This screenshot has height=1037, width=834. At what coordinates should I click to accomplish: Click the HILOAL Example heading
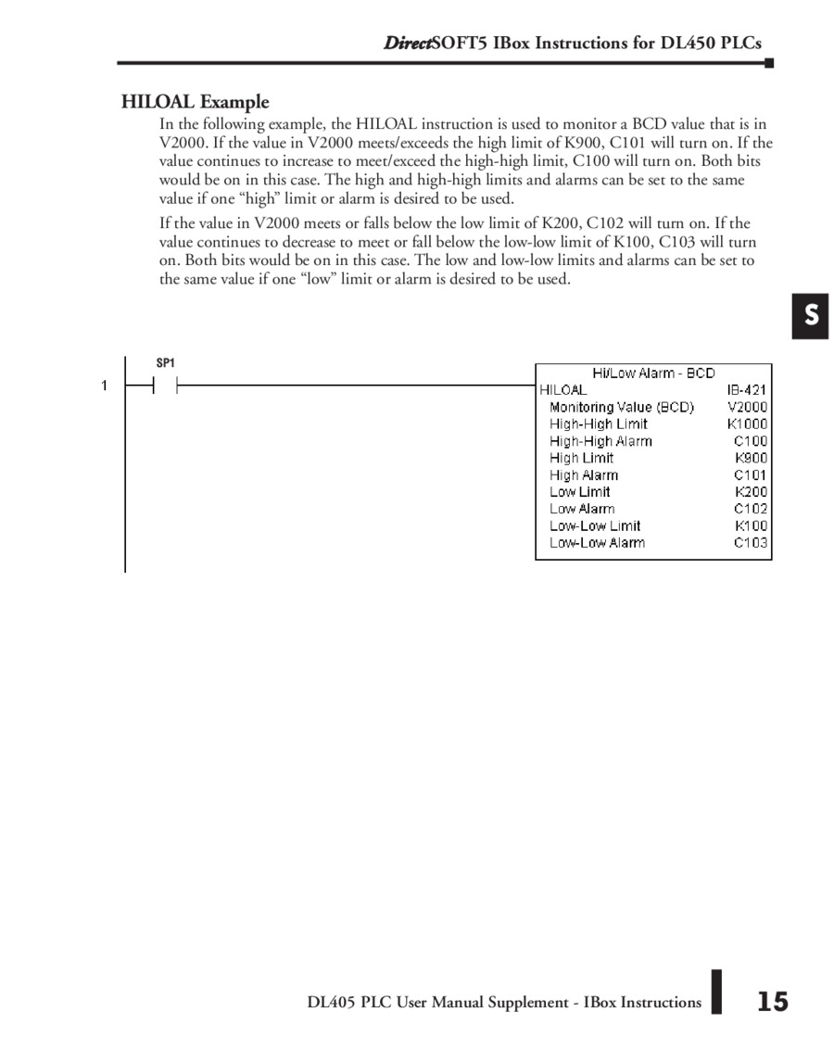(x=195, y=102)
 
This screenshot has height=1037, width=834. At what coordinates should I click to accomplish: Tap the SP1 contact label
(x=165, y=364)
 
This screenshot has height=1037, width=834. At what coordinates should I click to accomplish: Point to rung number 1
(x=105, y=386)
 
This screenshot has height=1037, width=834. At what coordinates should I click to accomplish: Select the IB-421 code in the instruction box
(x=747, y=390)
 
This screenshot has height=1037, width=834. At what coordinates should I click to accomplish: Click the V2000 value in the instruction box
(x=747, y=407)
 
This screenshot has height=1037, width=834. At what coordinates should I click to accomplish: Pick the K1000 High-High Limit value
(x=747, y=424)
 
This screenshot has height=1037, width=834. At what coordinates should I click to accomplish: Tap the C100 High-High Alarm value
(x=750, y=441)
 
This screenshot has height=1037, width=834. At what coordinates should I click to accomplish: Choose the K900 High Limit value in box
(x=751, y=458)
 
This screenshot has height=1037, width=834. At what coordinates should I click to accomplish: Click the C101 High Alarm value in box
(x=750, y=474)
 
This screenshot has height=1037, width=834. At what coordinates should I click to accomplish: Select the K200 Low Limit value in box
(x=751, y=492)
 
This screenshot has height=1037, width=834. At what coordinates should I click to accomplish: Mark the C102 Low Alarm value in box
(x=750, y=509)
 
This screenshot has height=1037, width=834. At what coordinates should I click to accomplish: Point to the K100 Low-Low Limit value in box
(x=751, y=525)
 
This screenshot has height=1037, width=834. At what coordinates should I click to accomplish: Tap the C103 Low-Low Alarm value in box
(x=750, y=542)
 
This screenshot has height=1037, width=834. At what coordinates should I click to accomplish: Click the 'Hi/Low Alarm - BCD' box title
(x=653, y=373)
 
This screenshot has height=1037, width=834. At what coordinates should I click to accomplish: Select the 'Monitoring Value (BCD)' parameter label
(x=621, y=407)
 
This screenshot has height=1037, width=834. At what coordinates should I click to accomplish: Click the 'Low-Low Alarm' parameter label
(x=597, y=542)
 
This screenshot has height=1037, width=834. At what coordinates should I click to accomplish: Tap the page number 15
(x=772, y=1002)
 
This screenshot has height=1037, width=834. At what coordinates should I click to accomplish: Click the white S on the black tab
(x=811, y=316)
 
